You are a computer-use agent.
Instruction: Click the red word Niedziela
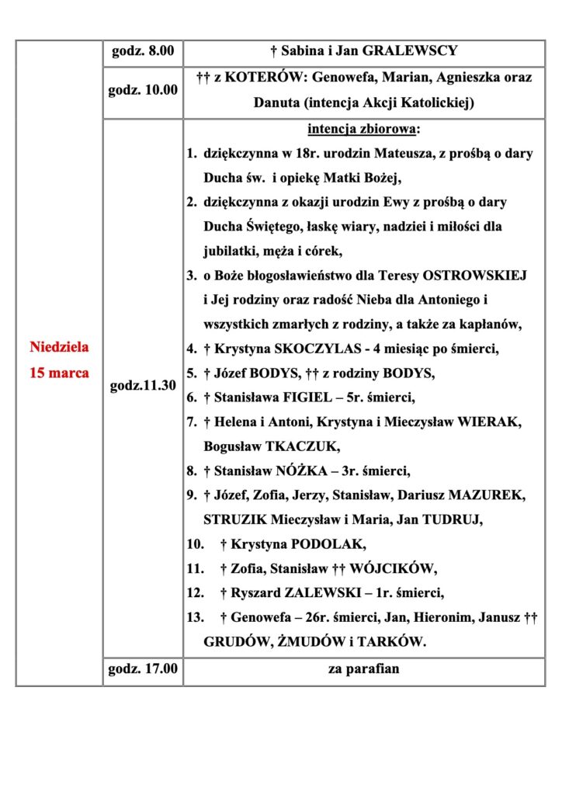coord(59,347)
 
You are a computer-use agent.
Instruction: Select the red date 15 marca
coord(59,373)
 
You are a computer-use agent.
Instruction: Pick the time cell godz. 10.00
coord(143,89)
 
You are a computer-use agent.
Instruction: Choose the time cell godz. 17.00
coord(143,668)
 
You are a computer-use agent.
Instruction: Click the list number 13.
coord(194,618)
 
